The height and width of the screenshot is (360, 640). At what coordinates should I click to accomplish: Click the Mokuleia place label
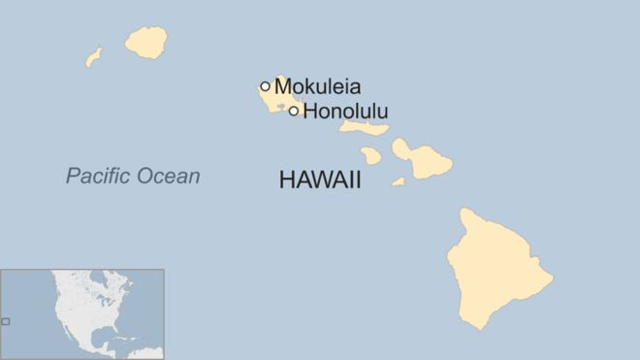[x=317, y=86]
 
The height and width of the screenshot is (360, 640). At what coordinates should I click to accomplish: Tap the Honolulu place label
[x=345, y=111]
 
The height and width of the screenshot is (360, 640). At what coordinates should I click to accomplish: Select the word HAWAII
[x=319, y=180]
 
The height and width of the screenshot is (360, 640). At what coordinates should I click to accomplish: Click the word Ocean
[x=169, y=177]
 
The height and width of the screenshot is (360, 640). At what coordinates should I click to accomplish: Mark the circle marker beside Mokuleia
[x=265, y=85]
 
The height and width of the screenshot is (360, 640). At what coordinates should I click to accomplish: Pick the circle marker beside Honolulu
[x=294, y=111]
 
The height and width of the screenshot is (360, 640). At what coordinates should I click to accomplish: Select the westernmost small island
[x=94, y=57]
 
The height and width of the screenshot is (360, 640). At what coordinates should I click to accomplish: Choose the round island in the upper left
[x=146, y=42]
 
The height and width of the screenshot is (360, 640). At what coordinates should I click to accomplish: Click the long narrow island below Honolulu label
[x=366, y=127]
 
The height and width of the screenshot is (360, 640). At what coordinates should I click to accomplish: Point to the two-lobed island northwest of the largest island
[x=423, y=157]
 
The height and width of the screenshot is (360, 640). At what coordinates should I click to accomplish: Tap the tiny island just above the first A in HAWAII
[x=371, y=155]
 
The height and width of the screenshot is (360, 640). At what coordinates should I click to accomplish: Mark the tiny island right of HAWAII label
[x=399, y=181]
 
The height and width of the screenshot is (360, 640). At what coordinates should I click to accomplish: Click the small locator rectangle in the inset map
[x=6, y=321]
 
